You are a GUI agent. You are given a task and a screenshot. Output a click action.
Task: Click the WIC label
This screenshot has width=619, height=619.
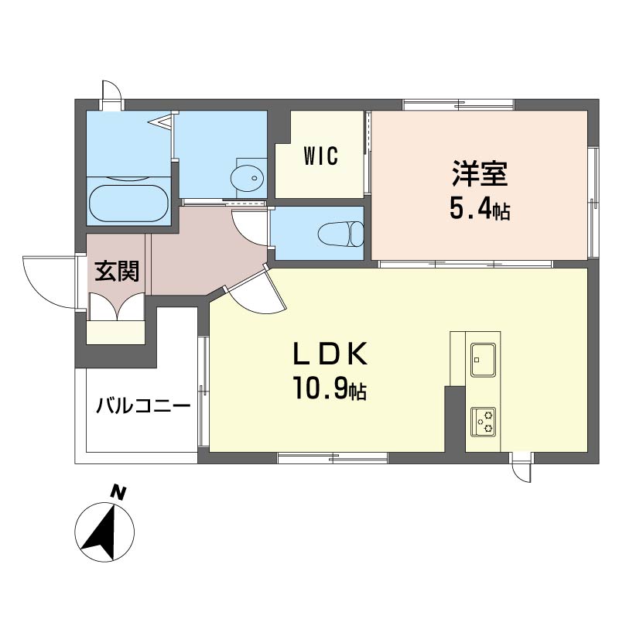(x=320, y=157)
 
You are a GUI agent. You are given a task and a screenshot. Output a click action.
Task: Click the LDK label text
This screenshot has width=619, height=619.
(x=328, y=355)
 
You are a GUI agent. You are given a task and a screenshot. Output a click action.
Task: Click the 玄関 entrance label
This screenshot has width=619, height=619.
(x=117, y=272)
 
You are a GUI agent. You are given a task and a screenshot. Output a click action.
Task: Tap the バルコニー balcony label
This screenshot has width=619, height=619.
(x=143, y=405)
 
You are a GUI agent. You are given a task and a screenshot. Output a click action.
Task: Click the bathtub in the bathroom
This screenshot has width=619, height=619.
(x=128, y=201)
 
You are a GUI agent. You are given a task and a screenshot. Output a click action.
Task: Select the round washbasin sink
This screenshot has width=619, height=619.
(x=248, y=178)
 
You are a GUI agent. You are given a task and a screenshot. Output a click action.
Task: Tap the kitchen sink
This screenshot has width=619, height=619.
(x=484, y=358)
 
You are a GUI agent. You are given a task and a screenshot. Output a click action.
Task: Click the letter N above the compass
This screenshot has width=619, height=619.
(x=118, y=491)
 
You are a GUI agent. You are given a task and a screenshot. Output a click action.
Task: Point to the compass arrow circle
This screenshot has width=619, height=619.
(x=104, y=533)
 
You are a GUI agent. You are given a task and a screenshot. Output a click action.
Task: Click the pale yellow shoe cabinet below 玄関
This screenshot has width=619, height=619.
(x=116, y=332)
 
